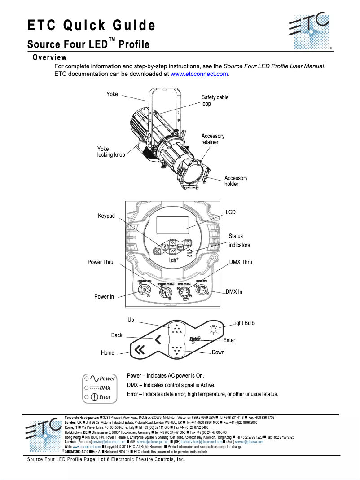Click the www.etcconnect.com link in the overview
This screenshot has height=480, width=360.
click(200, 74)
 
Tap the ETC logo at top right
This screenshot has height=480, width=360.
click(310, 32)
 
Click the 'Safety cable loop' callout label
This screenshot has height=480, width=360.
click(215, 101)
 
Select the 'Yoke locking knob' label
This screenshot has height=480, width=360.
click(111, 152)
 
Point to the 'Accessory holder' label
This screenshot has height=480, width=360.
click(236, 181)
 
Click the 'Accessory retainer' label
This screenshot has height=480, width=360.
click(213, 139)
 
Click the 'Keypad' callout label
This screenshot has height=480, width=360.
click(106, 216)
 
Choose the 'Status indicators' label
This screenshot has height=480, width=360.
click(239, 240)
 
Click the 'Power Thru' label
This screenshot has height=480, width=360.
click(101, 262)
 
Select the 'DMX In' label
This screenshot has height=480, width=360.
click(234, 292)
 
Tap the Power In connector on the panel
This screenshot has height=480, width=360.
click(146, 291)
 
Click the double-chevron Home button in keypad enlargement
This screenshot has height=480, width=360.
click(140, 351)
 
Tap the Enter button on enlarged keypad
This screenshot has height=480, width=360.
click(195, 340)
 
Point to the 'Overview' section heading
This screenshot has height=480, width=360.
click(49, 57)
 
